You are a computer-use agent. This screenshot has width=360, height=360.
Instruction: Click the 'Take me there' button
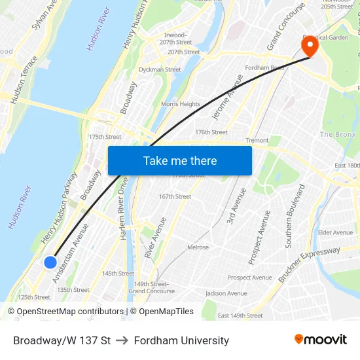point(180,160)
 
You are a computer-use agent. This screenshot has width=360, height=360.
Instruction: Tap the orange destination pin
point(309,46)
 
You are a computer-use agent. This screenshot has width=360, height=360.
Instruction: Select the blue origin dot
point(50,262)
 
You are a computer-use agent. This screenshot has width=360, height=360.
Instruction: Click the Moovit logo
point(320,339)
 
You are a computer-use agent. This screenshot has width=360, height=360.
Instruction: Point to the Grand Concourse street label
point(286,27)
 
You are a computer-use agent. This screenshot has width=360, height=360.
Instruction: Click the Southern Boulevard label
point(295,216)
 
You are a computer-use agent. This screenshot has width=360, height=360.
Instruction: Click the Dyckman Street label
point(160,69)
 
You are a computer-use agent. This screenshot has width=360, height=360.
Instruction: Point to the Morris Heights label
point(181,104)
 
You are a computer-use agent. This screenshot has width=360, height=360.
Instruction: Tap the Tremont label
point(257,140)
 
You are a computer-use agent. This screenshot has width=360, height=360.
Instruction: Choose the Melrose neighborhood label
point(198,247)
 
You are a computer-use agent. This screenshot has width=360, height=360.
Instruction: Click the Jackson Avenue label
point(226,293)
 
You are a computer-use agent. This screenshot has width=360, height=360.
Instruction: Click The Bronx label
point(336,134)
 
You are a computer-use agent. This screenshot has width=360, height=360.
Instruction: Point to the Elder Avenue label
point(335,232)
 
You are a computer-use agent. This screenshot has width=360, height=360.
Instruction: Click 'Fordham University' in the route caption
point(181,340)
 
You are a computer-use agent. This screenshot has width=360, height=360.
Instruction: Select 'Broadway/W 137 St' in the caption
point(62,340)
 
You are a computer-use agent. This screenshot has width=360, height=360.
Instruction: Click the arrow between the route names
point(122,340)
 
